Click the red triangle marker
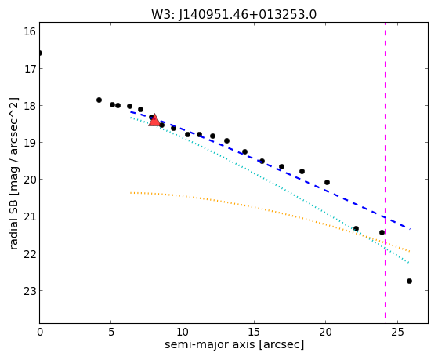154,120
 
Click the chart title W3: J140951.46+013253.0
233,15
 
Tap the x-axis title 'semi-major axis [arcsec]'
234,344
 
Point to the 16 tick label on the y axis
30,31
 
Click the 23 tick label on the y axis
30,291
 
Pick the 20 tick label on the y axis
30,180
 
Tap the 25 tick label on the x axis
397,333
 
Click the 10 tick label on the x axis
183,333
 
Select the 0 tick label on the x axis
40,333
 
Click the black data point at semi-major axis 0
40,53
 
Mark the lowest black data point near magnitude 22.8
409,281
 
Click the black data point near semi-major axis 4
99,100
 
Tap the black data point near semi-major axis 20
327,183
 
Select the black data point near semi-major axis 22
356,228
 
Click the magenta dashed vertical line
385,170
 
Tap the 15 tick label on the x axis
254,333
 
